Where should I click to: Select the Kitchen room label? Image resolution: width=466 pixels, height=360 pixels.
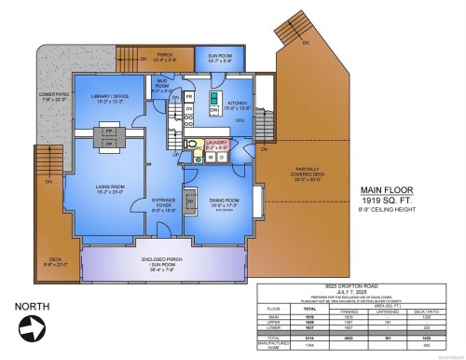[239, 105]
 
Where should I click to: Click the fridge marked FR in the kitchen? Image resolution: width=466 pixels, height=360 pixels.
[188, 96]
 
